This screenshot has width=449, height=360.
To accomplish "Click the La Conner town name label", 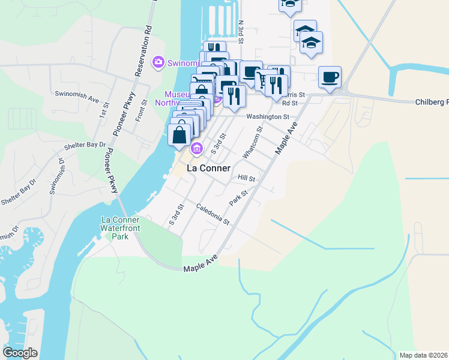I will [208, 169].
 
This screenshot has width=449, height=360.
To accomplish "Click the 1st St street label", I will [104, 110].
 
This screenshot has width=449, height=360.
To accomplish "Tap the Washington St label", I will [267, 117].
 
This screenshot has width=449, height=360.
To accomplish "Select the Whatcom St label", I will [252, 143].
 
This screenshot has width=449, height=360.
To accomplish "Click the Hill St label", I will [247, 178].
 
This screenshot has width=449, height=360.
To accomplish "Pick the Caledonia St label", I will [213, 214].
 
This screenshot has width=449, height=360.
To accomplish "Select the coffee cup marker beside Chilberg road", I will [330, 77].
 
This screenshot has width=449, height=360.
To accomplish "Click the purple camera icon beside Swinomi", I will [158, 61].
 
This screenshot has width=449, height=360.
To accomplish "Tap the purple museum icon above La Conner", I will [195, 149].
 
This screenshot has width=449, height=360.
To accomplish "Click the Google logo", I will [20, 353].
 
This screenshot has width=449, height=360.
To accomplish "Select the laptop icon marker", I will [251, 72].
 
